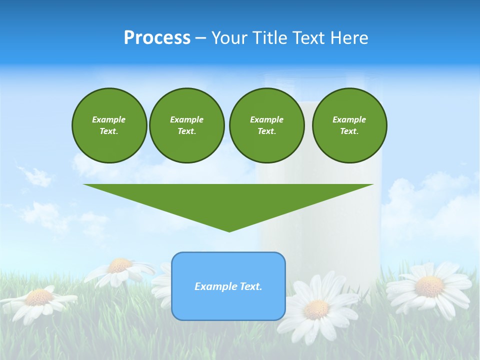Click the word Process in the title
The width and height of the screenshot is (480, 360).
(157, 38)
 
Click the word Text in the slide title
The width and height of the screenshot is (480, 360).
(309, 38)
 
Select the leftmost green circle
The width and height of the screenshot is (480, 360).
(109, 125)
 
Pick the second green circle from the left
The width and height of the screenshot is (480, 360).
(186, 125)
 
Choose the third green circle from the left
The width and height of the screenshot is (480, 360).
(266, 125)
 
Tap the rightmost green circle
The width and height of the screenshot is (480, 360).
(349, 125)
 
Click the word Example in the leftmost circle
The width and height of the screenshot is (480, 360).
(109, 119)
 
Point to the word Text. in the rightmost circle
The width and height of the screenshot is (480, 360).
(349, 131)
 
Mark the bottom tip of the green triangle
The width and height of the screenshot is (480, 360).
(229, 231)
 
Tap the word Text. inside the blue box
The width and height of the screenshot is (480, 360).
(250, 286)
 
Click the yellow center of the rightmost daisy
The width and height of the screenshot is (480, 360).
(429, 286)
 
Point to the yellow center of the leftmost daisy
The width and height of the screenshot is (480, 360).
(39, 297)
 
